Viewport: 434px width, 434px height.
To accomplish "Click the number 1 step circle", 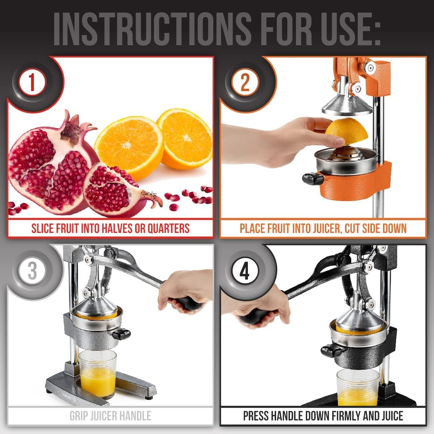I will (32, 82).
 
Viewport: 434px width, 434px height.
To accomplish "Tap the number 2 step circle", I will (245, 82).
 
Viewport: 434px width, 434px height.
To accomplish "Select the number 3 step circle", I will (32, 271).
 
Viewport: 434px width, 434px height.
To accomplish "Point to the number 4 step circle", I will (245, 271).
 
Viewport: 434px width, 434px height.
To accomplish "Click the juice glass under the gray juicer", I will (98, 374).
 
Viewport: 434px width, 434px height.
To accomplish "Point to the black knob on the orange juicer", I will (312, 178).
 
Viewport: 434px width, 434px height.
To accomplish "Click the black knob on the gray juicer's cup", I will (121, 333).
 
